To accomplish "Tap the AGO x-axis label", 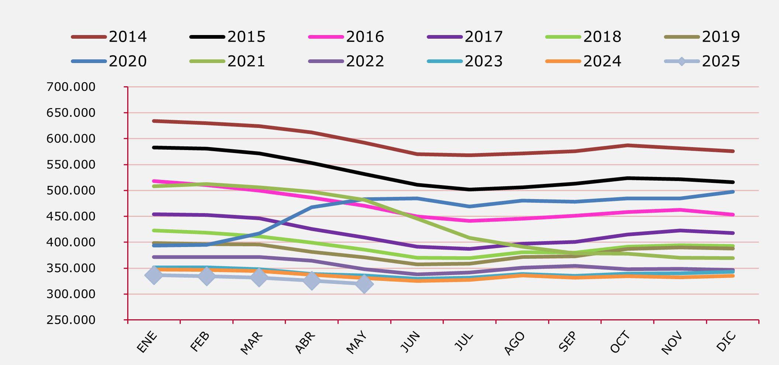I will click(x=515, y=343).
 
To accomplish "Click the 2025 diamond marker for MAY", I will click(x=364, y=284).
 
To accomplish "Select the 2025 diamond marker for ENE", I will click(x=154, y=275).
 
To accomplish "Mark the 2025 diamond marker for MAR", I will click(x=259, y=278).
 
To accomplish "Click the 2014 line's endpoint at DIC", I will click(x=733, y=151).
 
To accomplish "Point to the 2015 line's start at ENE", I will click(x=154, y=147).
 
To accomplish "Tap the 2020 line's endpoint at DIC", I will click(x=733, y=192).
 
